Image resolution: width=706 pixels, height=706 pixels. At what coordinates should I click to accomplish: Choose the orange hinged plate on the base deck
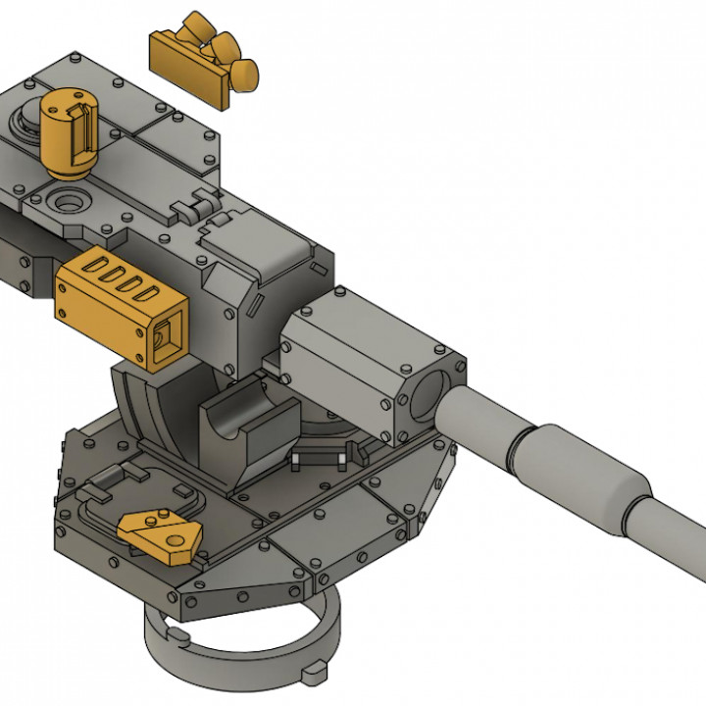pyautogui.click(x=161, y=532)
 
